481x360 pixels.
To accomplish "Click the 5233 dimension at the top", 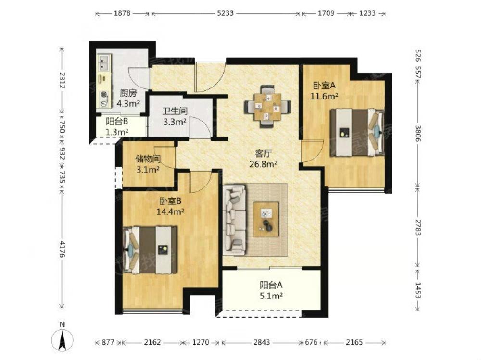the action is pos(226,13).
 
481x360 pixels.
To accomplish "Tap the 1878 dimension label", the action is pos(122,13).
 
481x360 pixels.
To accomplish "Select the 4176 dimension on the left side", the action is pos(62,249).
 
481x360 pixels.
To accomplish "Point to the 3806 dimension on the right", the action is pos(418,133).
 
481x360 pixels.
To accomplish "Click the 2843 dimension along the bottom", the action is pos(262,342).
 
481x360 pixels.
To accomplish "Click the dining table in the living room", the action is pos(267,106).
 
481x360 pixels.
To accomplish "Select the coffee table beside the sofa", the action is pos(266,219).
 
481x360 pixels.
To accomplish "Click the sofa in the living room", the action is pos(235,220).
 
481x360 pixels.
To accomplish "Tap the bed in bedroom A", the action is pos(357,133).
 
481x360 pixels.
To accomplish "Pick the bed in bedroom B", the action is pos(150,250).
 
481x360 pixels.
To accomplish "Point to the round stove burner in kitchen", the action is pos(104,95).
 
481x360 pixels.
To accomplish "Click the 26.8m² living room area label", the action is pos(264,164).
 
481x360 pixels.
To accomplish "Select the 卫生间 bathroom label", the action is pos(175,111).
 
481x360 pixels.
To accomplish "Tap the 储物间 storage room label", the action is pos(148,159).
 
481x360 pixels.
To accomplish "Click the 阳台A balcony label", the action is pos(271,285).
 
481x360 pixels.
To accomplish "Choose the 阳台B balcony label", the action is pos(117,122).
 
